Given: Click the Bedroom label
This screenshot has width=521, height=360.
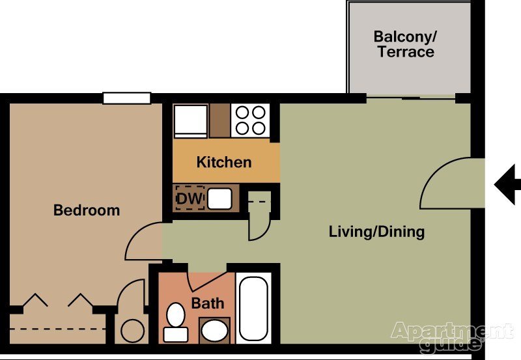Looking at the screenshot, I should click(x=87, y=210).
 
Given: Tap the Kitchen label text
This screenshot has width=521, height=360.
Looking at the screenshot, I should click(x=224, y=162).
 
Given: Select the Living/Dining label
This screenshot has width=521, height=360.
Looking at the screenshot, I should click(x=376, y=231).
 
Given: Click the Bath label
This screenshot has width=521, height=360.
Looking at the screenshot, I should click(x=208, y=303).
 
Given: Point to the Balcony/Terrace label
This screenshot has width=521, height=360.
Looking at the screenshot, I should click(x=405, y=44).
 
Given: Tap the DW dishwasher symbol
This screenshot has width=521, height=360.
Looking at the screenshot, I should click(x=190, y=197).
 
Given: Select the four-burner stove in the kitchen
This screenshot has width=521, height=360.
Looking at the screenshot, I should click(x=250, y=120).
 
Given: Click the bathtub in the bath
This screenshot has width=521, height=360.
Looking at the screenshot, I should click(x=253, y=310).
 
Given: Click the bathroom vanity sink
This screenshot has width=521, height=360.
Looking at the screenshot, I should click(x=214, y=331).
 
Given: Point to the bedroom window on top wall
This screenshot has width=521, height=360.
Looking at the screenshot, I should click(x=127, y=98).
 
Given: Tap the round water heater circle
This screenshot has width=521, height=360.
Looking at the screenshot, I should click(x=133, y=331).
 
